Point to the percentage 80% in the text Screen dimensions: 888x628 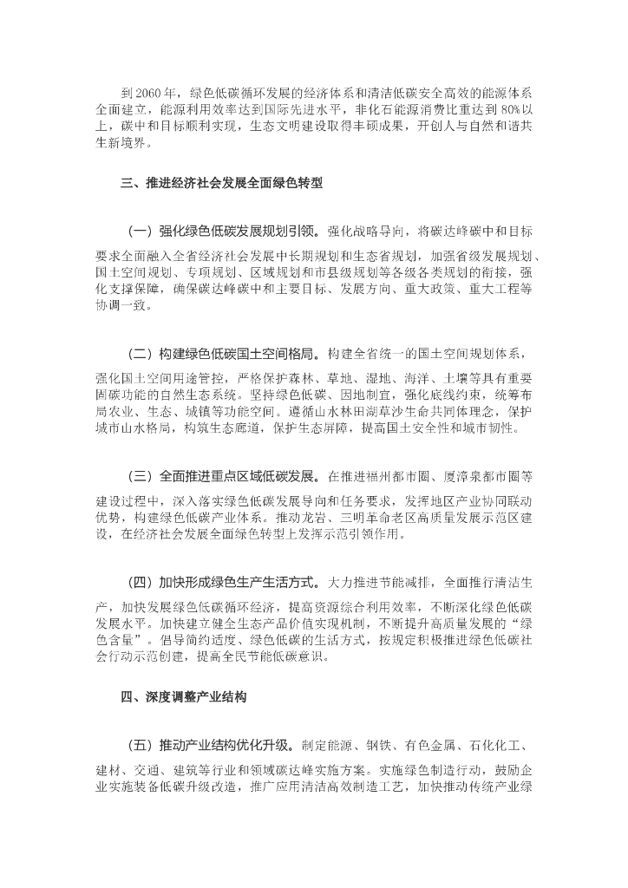(507, 110)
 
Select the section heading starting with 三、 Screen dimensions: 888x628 (222, 183)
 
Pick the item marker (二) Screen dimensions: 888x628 (140, 355)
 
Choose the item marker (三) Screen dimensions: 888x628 (140, 476)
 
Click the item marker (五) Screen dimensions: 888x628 (140, 745)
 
